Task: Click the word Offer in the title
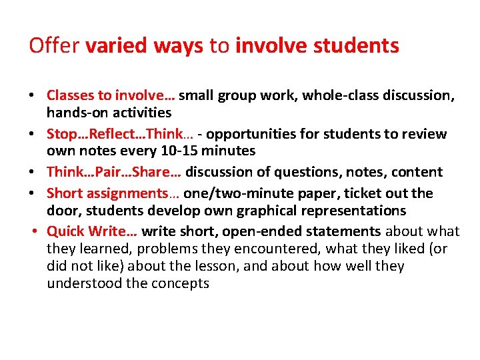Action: (x=54, y=46)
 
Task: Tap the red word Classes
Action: (x=70, y=95)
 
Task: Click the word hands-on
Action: (x=74, y=113)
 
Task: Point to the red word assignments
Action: (x=124, y=193)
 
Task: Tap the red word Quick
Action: (x=65, y=231)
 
